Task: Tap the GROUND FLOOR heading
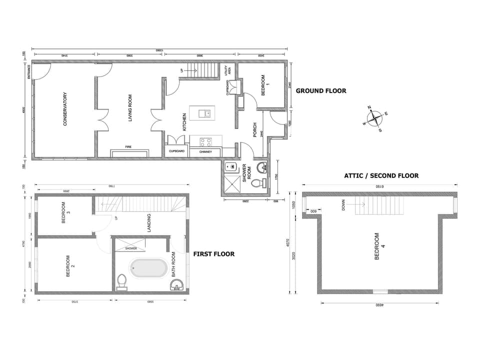[320, 91]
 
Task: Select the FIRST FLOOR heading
[213, 254]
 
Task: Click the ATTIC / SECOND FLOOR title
[381, 175]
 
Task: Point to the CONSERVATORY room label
[64, 108]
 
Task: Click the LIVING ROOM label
[130, 108]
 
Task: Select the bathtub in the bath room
[149, 268]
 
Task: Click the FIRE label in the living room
[128, 147]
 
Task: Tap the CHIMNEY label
[205, 151]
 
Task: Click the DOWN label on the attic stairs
[343, 205]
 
